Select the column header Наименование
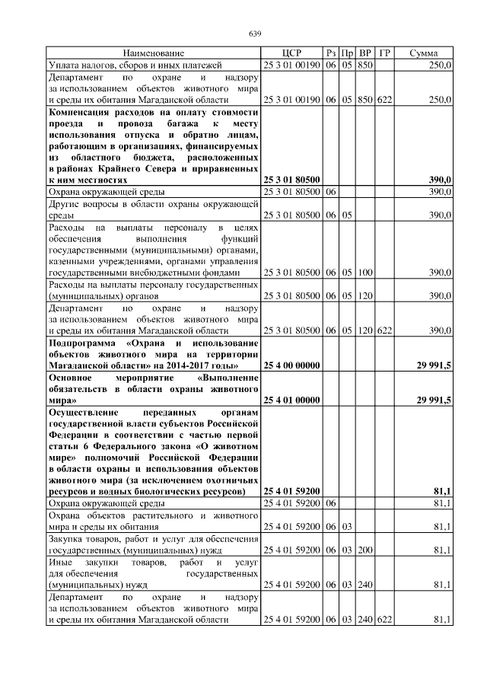pos(154,53)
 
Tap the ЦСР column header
pos(291,53)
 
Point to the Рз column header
pos(330,53)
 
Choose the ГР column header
pos(384,53)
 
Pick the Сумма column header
pos(423,53)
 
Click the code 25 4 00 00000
pos(291,365)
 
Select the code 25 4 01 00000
pos(291,399)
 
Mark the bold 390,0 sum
pos(439,179)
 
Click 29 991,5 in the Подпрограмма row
pos(432,365)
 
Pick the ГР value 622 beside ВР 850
pos(384,99)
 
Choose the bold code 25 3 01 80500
pos(291,179)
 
